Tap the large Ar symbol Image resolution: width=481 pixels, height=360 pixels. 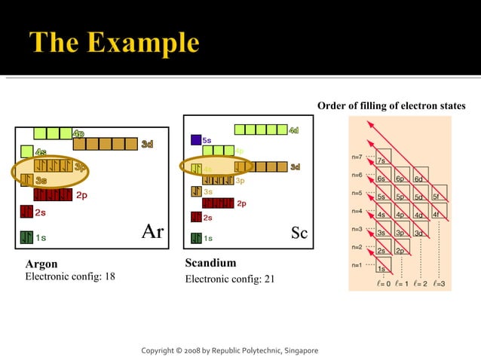(x=153, y=232)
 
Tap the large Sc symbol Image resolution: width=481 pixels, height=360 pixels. (x=299, y=233)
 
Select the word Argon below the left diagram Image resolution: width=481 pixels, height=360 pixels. (x=41, y=264)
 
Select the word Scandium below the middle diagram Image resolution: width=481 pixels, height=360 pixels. (x=210, y=264)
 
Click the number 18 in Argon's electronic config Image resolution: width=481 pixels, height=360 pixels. (x=109, y=276)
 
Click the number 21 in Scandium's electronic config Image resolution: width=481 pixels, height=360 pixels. (x=269, y=279)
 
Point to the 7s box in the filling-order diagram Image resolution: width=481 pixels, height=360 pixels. (x=382, y=160)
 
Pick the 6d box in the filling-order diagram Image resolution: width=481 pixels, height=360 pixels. (x=418, y=178)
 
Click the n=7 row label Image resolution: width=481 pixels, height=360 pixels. (x=358, y=157)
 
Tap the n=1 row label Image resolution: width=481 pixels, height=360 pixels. (x=358, y=265)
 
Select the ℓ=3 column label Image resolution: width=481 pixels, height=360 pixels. (x=438, y=283)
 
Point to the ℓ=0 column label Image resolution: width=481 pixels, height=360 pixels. (x=384, y=283)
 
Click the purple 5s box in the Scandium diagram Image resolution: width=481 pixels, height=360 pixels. (x=196, y=139)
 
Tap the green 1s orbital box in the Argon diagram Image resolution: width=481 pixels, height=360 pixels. (x=26, y=237)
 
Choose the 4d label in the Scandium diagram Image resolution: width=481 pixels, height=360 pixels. (x=294, y=130)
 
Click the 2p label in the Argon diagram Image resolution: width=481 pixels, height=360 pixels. (x=81, y=195)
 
